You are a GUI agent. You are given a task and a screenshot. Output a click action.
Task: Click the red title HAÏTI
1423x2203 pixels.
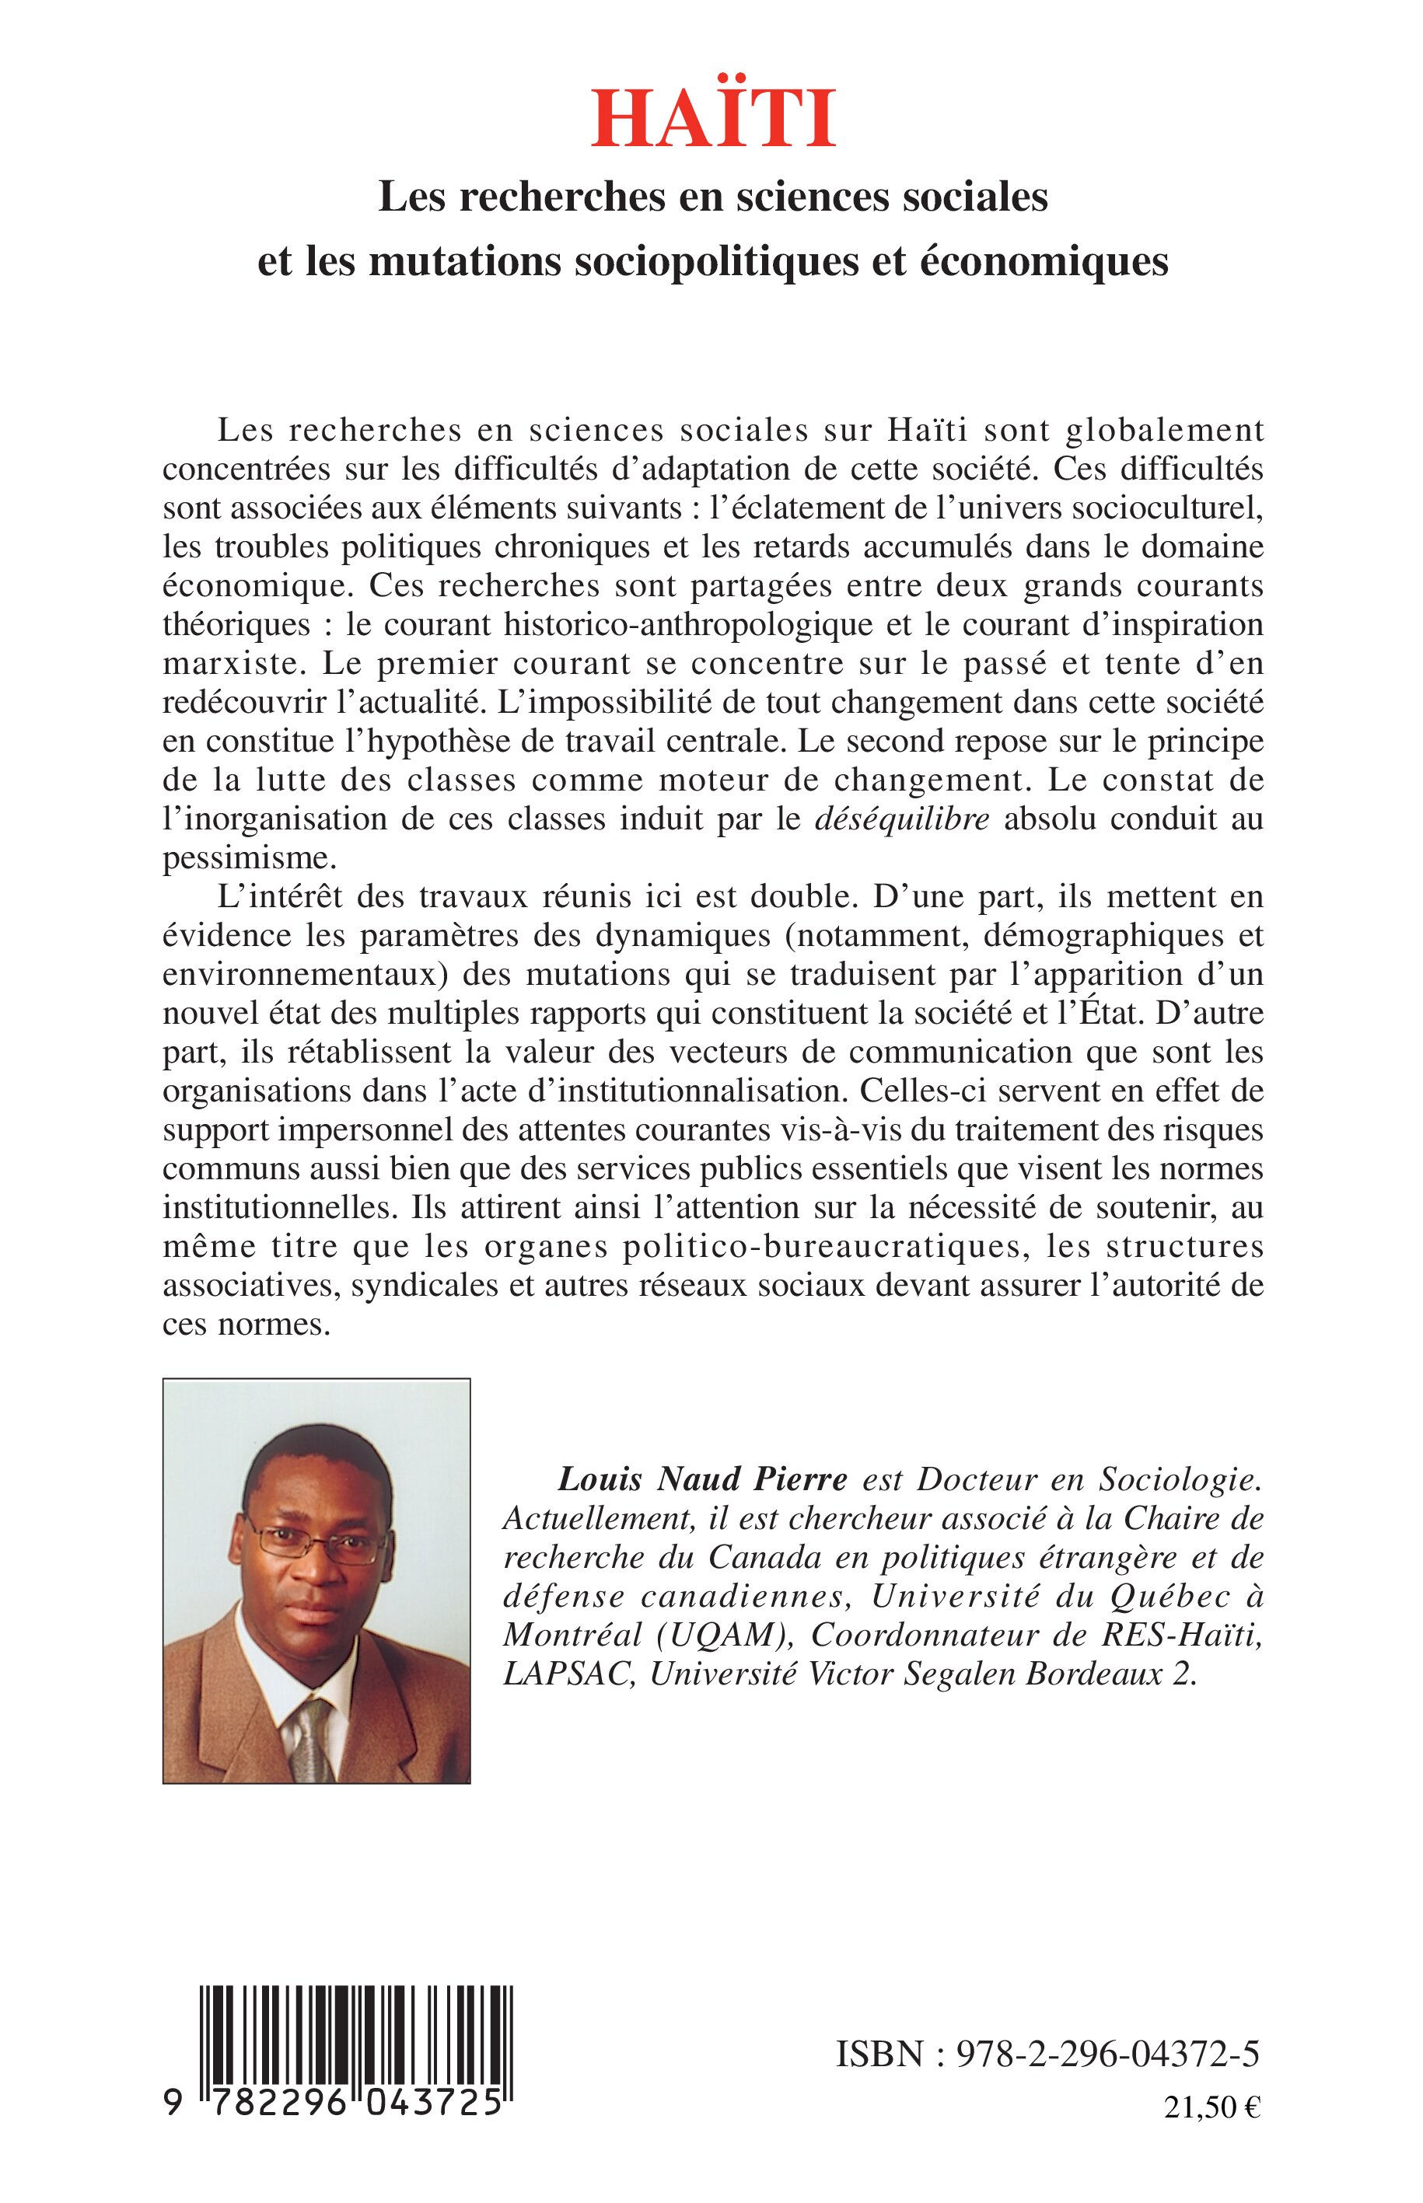[x=712, y=120]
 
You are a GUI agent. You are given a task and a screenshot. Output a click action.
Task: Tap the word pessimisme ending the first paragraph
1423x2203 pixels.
[x=246, y=859]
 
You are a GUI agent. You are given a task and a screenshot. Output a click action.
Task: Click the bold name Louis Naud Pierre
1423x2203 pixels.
[x=702, y=1480]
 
